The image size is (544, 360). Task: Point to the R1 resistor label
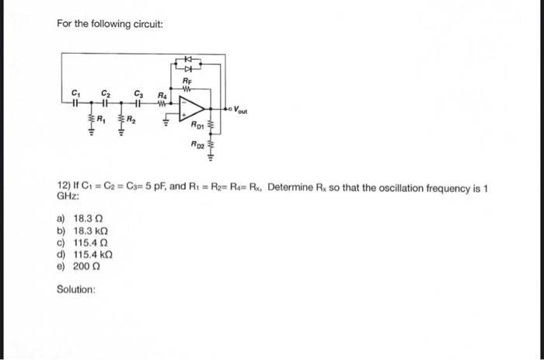tap(100, 119)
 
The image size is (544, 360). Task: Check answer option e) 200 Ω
tap(81, 266)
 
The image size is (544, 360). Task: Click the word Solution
tap(76, 289)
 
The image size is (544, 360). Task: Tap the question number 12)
tap(65, 187)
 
